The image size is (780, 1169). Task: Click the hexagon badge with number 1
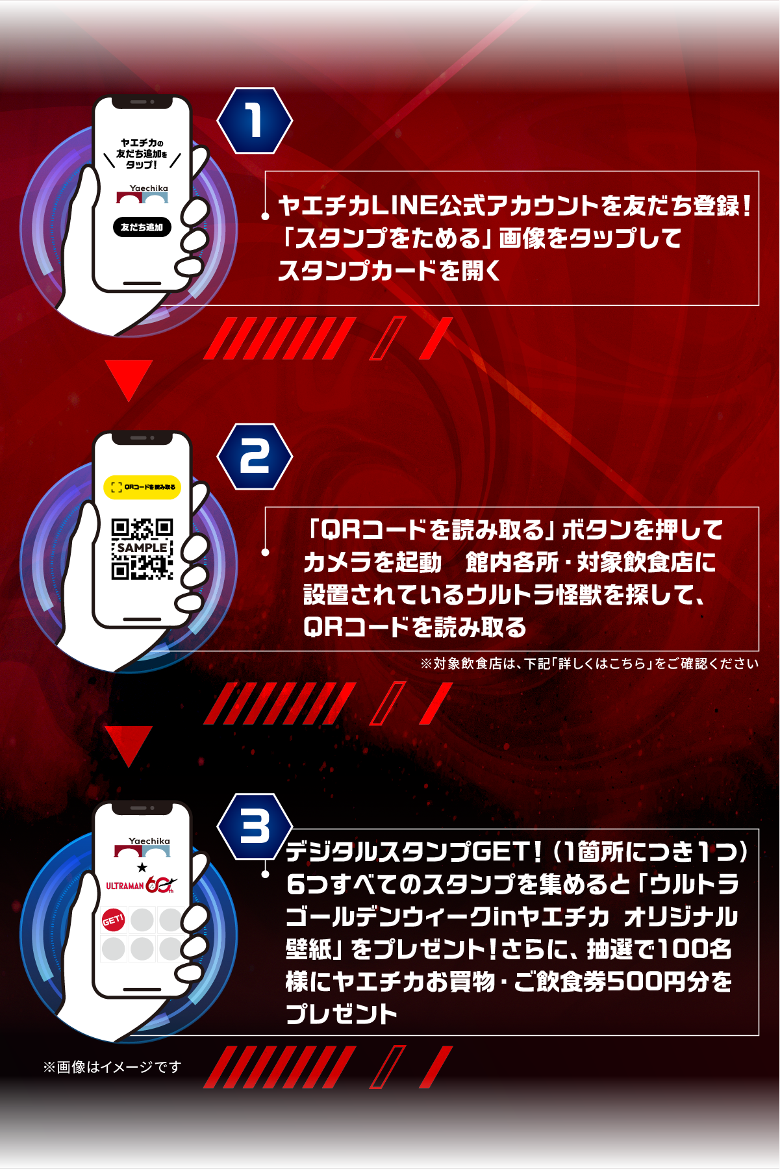pos(255,121)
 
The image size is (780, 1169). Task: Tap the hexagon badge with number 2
pos(255,457)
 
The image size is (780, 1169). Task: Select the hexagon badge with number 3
pos(255,827)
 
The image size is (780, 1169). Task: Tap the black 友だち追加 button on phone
pos(142,227)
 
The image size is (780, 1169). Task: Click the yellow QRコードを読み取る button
pos(142,487)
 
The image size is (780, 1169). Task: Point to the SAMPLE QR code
pos(142,549)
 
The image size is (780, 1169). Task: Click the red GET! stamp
pos(113,920)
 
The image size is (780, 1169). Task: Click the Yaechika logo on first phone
pos(143,194)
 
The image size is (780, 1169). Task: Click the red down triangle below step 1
pos(129,379)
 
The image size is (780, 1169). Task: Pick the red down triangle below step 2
pos(129,746)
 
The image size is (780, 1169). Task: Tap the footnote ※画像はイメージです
pos(112,1067)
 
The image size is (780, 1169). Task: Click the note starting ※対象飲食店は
pos(588,664)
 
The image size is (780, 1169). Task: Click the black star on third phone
pos(142,868)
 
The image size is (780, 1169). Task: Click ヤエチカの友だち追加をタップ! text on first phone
pos(142,154)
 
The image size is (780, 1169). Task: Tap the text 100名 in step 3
pos(695,949)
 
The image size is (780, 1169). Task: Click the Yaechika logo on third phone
pos(143,847)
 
